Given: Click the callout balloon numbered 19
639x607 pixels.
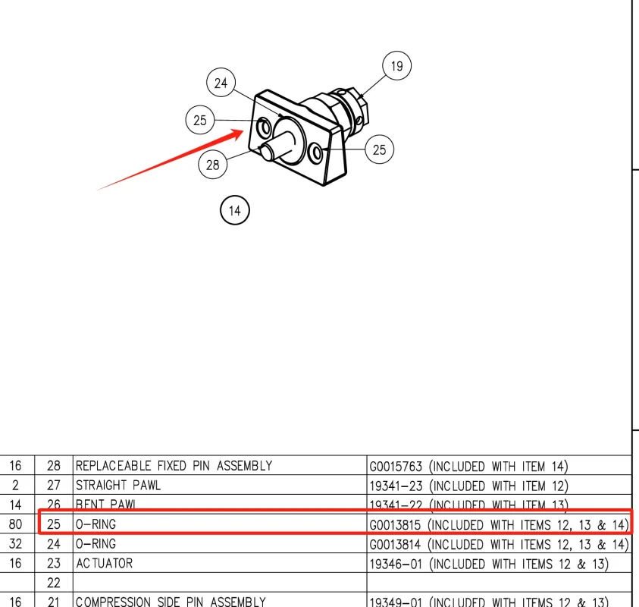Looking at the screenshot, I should coord(396,67).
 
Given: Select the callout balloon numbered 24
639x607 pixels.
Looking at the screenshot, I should coord(221,83).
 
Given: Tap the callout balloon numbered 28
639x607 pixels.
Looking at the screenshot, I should coord(213,165).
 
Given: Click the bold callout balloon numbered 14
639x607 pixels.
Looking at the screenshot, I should coord(235,210).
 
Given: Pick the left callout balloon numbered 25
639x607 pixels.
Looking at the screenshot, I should coord(200,120).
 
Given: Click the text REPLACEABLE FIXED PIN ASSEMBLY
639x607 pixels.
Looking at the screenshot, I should coord(174,466).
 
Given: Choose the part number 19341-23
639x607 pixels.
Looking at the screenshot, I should coord(394,486).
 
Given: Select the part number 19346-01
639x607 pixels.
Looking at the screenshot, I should coord(394,564).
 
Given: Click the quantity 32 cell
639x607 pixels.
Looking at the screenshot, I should coord(16,544).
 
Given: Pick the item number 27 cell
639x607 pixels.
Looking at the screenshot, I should coord(53,486).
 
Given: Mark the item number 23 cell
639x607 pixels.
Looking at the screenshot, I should coord(53,564).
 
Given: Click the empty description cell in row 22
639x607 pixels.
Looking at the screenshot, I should coord(220,583).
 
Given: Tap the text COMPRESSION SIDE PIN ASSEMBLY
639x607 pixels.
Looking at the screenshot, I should coord(171,602).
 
